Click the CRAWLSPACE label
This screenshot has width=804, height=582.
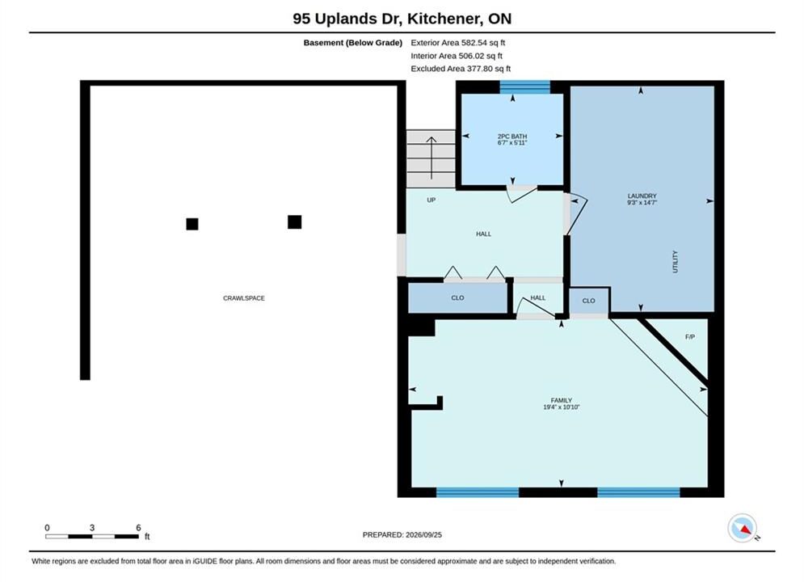click(243, 298)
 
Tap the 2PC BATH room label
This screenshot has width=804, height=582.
click(512, 137)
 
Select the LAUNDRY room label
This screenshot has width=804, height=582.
click(642, 196)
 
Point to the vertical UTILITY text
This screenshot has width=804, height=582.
click(675, 262)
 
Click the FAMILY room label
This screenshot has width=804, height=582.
click(562, 400)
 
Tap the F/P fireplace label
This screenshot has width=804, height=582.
click(690, 337)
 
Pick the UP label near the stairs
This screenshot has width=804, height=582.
click(431, 200)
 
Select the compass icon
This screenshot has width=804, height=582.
click(742, 528)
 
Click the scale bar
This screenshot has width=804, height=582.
click(92, 537)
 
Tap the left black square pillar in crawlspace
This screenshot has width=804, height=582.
click(192, 224)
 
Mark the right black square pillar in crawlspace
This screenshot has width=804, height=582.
click(294, 222)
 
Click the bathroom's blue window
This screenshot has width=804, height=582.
click(525, 87)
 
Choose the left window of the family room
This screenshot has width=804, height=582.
click(478, 492)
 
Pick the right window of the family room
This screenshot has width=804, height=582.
click(638, 492)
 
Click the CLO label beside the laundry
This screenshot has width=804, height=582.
click(588, 301)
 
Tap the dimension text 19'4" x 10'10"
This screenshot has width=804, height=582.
click(562, 407)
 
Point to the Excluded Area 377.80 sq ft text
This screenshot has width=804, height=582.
click(461, 69)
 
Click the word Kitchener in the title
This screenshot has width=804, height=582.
click(444, 19)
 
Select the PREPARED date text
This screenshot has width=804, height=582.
click(402, 535)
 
